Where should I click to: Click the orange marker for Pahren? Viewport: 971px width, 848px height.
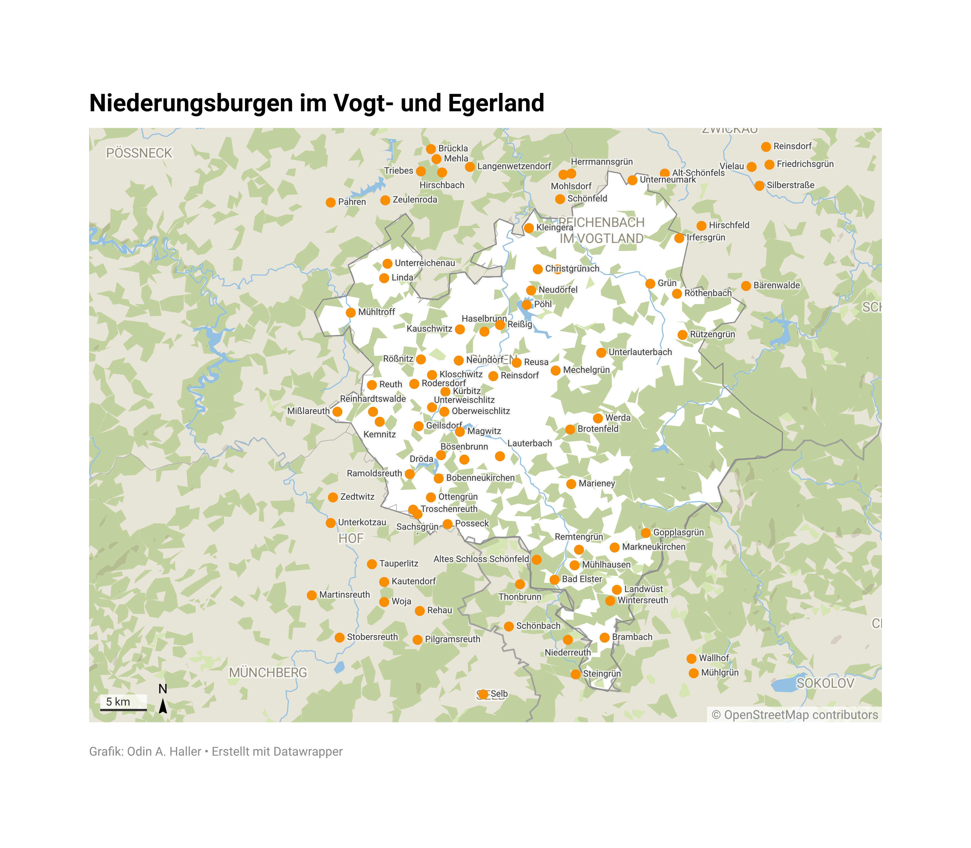coord(330,203)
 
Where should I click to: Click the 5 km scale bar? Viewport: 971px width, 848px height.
coord(123,709)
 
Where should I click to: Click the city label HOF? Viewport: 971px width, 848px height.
coord(351,539)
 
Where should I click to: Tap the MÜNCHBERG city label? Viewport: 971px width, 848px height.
coord(268,672)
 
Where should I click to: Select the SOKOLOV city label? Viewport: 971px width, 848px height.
coord(825,683)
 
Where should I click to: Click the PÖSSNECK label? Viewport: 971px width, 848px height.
coord(139,153)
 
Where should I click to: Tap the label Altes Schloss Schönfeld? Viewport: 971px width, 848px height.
coord(481,559)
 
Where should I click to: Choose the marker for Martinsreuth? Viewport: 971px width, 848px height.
coord(312,595)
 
